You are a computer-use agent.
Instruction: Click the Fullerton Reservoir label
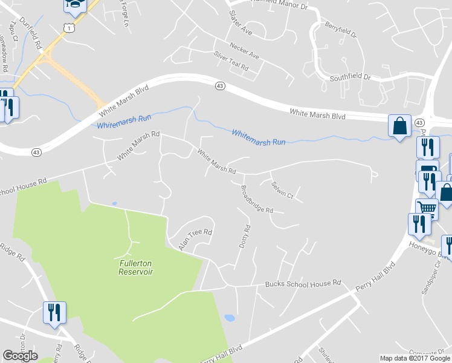click(135, 267)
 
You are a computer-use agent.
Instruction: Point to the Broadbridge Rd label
click(257, 199)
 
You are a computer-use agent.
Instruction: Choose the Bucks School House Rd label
click(303, 283)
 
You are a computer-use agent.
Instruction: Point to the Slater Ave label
click(240, 22)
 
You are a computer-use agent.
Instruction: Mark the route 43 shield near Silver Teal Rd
click(220, 87)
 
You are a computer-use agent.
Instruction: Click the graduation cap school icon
click(75, 5)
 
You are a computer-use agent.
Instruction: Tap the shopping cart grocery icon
click(427, 208)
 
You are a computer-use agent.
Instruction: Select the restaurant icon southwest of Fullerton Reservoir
click(54, 312)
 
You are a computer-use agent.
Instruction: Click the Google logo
click(20, 356)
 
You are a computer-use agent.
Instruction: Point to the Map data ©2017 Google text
click(415, 358)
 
